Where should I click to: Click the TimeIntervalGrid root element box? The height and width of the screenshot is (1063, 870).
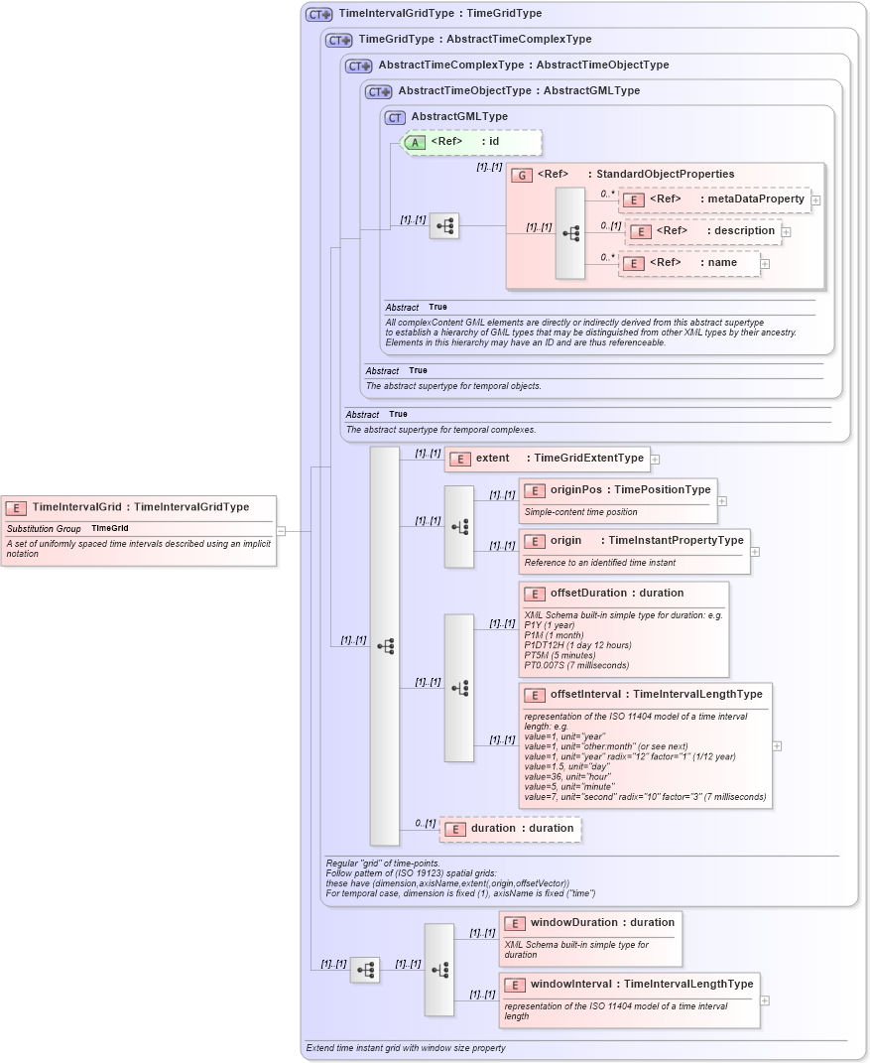138,507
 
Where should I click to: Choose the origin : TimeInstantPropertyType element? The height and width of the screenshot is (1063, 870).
635,541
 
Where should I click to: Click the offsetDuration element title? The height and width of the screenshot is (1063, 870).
617,594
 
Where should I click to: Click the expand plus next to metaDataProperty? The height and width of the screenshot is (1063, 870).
815,199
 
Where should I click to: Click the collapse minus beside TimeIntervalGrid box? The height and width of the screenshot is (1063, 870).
282,531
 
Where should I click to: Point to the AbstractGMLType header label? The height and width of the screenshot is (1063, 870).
459,117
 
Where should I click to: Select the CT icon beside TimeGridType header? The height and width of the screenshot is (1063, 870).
339,40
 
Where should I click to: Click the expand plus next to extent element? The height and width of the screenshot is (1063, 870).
655,459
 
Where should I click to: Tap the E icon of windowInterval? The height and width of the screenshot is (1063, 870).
514,985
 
